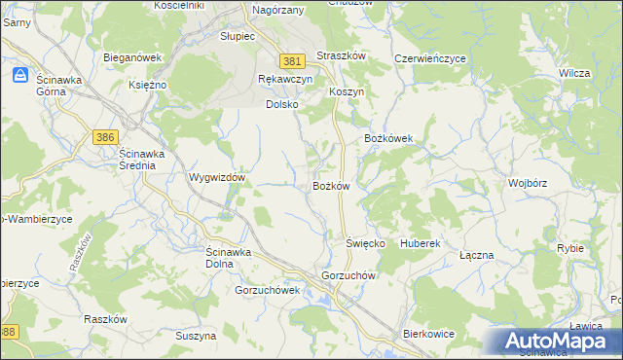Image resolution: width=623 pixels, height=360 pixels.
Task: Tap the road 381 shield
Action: (291, 61)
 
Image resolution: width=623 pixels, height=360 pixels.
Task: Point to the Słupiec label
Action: (238, 36)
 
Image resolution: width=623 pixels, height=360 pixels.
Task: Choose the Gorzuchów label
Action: (348, 275)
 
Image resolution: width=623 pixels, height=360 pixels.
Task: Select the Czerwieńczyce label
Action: (430, 58)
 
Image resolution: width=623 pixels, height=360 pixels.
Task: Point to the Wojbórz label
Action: (528, 183)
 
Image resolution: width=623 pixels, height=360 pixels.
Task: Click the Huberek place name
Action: (421, 242)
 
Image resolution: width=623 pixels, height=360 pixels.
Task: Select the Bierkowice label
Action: (429, 334)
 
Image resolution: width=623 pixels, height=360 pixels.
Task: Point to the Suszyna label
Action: (196, 336)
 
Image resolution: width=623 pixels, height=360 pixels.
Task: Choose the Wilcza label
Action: (575, 73)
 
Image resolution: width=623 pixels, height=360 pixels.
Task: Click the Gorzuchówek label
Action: (267, 290)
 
